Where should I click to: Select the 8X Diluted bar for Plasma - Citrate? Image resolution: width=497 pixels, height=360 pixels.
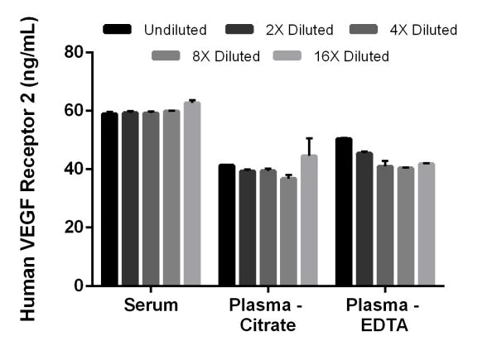click(x=288, y=232)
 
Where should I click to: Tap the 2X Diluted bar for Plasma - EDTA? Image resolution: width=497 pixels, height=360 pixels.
click(x=364, y=219)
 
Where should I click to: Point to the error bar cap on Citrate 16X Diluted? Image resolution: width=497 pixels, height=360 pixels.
click(x=309, y=138)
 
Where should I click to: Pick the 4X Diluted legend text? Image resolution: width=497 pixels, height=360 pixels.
click(x=425, y=30)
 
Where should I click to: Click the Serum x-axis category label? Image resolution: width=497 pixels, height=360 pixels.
click(x=150, y=305)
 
